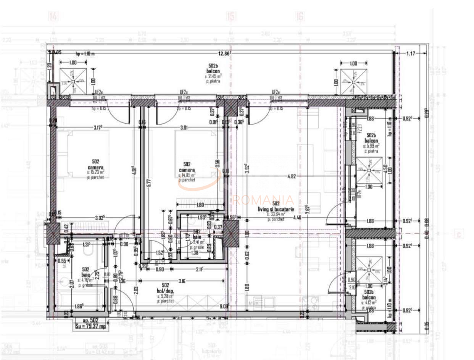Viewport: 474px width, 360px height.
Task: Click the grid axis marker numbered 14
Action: (53, 17)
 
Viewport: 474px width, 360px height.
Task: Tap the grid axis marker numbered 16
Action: (300, 17)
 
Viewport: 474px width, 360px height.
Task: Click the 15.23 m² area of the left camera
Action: (95, 173)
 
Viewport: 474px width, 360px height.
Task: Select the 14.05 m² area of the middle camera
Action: (187, 175)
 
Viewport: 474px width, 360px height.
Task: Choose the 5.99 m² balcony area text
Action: (371, 145)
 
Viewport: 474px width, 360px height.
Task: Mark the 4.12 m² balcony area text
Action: (369, 302)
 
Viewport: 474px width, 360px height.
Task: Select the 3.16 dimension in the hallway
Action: (182, 281)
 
